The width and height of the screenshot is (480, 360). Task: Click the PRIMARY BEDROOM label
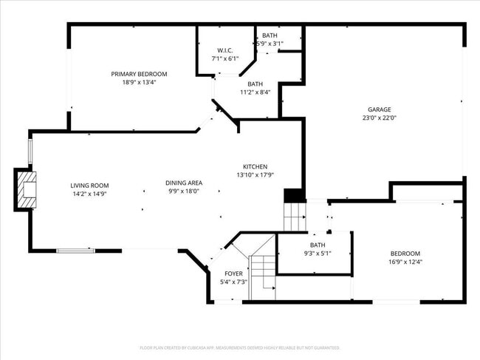click(x=139, y=74)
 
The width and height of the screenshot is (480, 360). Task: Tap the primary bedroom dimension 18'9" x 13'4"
click(x=139, y=82)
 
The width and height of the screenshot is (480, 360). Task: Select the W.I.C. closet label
click(x=225, y=50)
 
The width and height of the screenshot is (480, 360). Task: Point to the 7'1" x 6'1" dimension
click(x=225, y=58)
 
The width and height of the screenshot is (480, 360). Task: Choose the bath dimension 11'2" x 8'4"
click(x=255, y=92)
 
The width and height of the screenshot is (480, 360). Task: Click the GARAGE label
click(x=380, y=109)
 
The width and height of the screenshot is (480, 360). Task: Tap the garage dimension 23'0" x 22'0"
click(x=380, y=118)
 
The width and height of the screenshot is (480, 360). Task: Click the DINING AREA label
click(x=184, y=183)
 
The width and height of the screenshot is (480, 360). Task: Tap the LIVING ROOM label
click(x=89, y=186)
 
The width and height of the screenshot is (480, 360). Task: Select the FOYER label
click(x=233, y=274)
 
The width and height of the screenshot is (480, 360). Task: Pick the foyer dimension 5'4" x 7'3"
click(x=233, y=282)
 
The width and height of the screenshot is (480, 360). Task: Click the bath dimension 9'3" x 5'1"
click(x=317, y=254)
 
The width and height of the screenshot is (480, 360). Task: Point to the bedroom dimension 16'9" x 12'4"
click(x=405, y=262)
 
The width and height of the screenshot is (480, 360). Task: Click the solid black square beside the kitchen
click(x=294, y=196)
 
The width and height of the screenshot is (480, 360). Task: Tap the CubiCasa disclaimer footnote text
click(x=240, y=347)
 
